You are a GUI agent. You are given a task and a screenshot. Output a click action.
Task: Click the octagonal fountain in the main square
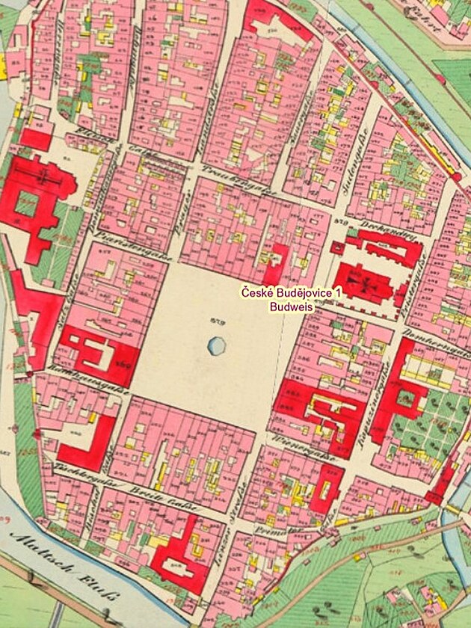click(216, 345)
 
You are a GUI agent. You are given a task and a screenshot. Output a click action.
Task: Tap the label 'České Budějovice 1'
click(291, 293)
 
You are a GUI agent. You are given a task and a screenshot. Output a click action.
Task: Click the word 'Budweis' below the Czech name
click(291, 306)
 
